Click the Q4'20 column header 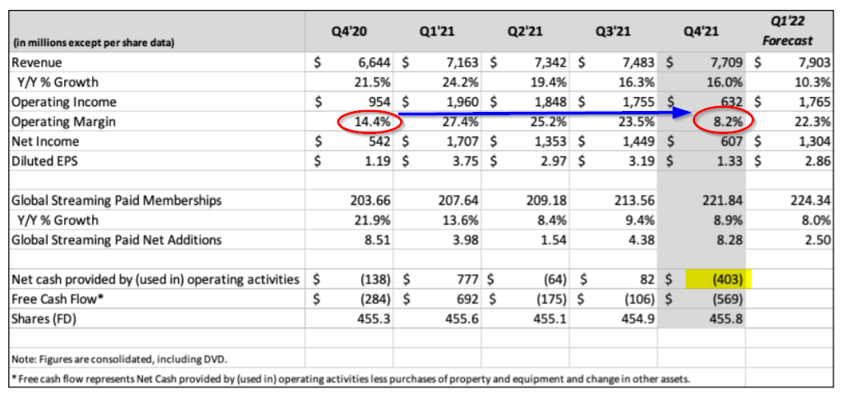click(349, 32)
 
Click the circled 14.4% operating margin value click(370, 122)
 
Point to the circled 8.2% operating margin click(722, 122)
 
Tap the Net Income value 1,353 click(546, 142)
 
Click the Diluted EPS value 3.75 click(465, 161)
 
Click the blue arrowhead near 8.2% click(681, 115)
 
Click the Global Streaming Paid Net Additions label click(115, 240)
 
